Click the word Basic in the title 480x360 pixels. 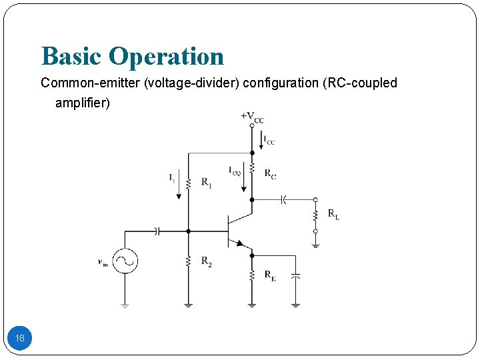coord(71,57)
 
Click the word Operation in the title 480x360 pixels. coord(166,57)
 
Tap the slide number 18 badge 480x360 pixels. coord(20,339)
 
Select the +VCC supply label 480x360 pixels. coord(252,118)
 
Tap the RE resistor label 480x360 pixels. coord(270,275)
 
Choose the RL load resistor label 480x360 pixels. coord(333,215)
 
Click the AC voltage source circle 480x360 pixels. coord(125,261)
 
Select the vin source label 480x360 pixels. coord(103,263)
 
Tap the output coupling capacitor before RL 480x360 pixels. coord(283,199)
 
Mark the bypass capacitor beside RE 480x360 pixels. coord(297,275)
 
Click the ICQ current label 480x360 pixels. coord(235,171)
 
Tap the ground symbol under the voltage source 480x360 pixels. coord(125,305)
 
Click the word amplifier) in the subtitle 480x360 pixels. coord(83,103)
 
